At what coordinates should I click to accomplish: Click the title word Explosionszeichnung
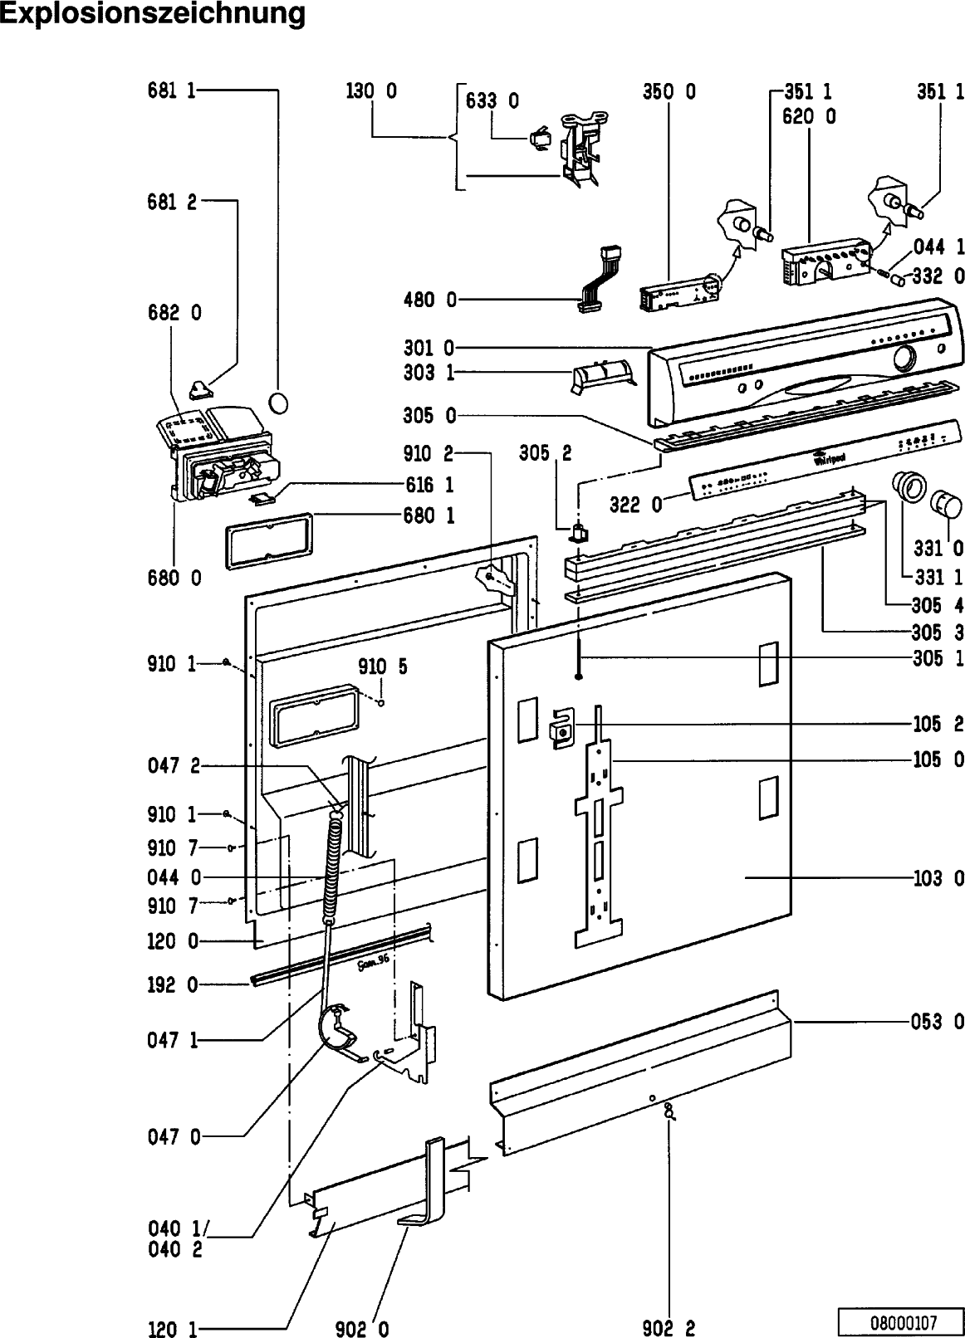click(153, 14)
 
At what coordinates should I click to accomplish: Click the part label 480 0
click(429, 300)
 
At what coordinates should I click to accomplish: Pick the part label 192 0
click(174, 985)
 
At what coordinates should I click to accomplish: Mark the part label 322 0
click(635, 504)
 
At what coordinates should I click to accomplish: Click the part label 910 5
click(383, 667)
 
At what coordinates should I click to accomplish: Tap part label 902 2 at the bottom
click(669, 1329)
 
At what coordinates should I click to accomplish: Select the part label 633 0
click(492, 101)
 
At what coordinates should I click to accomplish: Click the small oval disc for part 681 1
click(281, 403)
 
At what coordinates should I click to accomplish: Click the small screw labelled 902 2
click(669, 1111)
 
